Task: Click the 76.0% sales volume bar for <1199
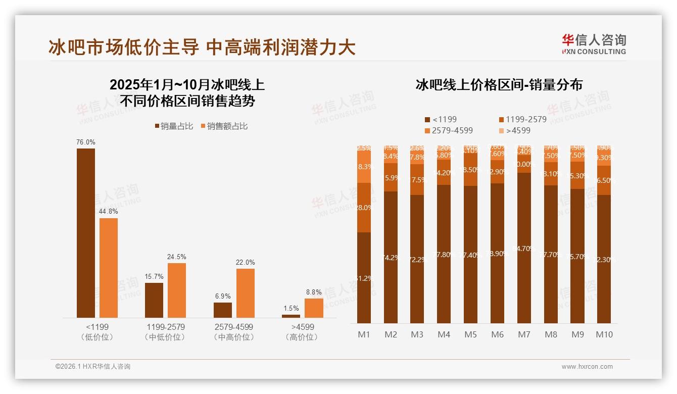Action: coord(85,233)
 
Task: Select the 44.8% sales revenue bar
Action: coord(109,268)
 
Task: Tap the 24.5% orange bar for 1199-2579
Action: coord(177,290)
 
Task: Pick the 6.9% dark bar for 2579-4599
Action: coord(223,310)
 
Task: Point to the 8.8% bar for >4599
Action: coord(314,308)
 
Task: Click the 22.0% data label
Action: coord(246,263)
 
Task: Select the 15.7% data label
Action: coord(154,277)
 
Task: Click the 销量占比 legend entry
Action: coord(174,126)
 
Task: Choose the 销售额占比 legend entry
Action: coord(224,126)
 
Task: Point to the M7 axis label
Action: coord(524,334)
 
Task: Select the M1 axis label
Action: coord(364,334)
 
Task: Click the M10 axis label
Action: coord(604,334)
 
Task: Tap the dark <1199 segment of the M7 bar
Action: coord(524,248)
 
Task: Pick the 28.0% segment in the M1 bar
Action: coord(364,208)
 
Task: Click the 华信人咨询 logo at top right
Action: coord(594,44)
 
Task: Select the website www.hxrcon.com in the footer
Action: coord(587,367)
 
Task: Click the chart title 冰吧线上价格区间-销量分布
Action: coord(499,85)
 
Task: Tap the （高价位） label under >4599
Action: coord(303,337)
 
